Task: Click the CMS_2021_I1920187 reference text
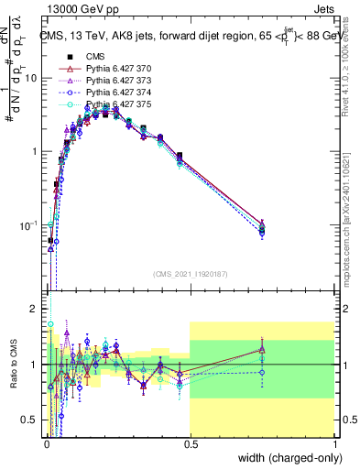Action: coord(190,274)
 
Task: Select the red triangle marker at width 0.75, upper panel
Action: coord(262,224)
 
